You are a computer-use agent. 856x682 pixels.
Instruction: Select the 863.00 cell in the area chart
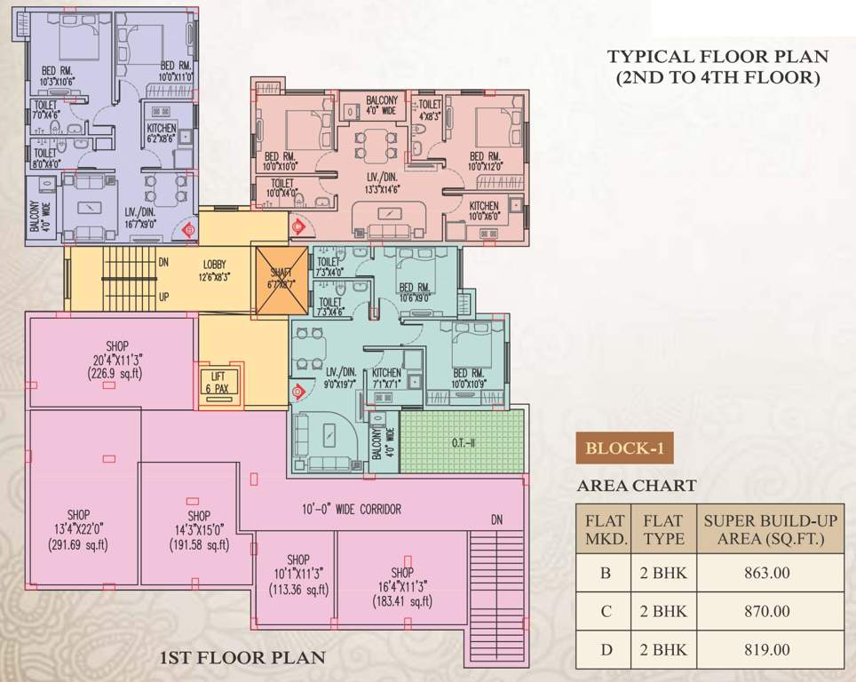(768, 573)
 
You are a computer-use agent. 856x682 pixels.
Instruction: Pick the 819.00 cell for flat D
(768, 650)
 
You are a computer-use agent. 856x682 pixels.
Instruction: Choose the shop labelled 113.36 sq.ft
(297, 589)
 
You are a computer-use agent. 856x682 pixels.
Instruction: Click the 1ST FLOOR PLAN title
(242, 658)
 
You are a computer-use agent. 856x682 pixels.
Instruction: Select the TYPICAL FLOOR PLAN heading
(717, 67)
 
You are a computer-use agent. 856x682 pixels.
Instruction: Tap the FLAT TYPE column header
(662, 529)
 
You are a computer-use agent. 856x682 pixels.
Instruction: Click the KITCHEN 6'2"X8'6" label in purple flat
(162, 132)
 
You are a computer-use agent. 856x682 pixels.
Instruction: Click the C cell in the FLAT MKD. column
(605, 612)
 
